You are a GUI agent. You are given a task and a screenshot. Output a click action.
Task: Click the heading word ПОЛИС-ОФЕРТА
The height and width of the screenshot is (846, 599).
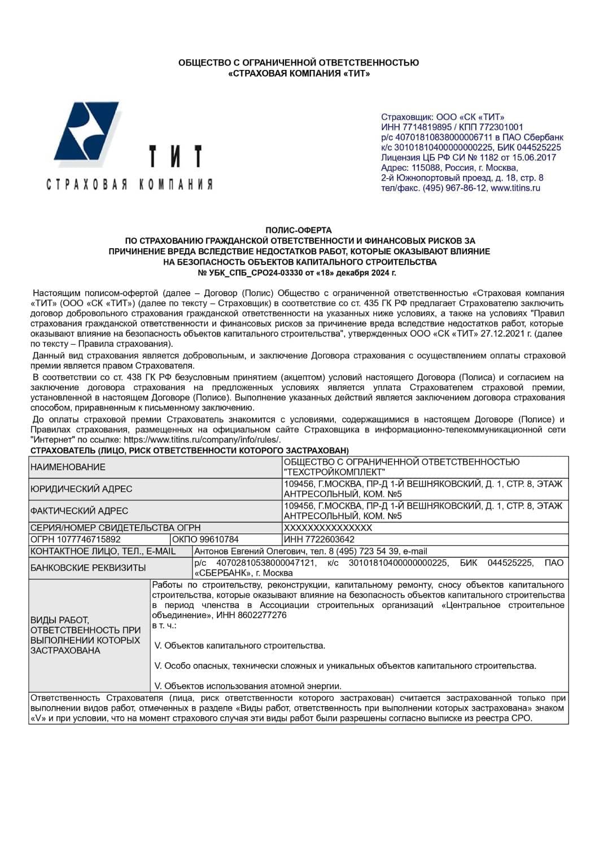pyautogui.click(x=299, y=230)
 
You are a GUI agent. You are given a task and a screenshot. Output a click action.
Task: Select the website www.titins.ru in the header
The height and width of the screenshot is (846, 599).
pyautogui.click(x=515, y=188)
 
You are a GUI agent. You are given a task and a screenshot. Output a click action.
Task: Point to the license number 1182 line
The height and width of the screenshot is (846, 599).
pyautogui.click(x=468, y=157)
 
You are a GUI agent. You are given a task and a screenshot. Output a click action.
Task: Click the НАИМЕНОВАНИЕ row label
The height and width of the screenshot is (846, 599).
pyautogui.click(x=68, y=467)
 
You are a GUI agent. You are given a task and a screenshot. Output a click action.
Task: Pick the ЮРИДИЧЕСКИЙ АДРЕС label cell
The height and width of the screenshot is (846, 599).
pyautogui.click(x=81, y=489)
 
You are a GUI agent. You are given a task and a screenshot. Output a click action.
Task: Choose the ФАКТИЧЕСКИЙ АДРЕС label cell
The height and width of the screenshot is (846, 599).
pyautogui.click(x=79, y=511)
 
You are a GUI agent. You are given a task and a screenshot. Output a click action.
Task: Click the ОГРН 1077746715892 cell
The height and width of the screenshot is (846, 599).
pyautogui.click(x=75, y=539)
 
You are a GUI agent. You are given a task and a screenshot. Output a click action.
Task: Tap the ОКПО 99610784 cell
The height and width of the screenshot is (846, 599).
pyautogui.click(x=206, y=539)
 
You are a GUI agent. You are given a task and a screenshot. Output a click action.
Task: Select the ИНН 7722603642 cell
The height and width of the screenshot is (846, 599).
pyautogui.click(x=319, y=539)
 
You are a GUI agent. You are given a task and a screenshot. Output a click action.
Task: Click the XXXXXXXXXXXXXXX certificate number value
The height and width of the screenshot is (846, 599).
pyautogui.click(x=328, y=528)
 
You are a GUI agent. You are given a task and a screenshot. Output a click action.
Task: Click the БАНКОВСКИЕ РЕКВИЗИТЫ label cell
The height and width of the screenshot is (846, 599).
pyautogui.click(x=88, y=567)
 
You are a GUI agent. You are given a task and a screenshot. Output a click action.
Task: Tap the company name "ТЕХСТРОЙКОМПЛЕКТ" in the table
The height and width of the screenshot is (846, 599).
pyautogui.click(x=335, y=472)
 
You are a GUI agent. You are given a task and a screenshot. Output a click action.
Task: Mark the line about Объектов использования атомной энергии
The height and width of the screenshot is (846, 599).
pyautogui.click(x=248, y=686)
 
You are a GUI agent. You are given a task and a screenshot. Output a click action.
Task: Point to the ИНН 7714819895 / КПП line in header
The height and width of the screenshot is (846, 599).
pyautogui.click(x=452, y=127)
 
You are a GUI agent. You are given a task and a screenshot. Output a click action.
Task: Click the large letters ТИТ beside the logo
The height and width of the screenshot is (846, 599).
pyautogui.click(x=174, y=156)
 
